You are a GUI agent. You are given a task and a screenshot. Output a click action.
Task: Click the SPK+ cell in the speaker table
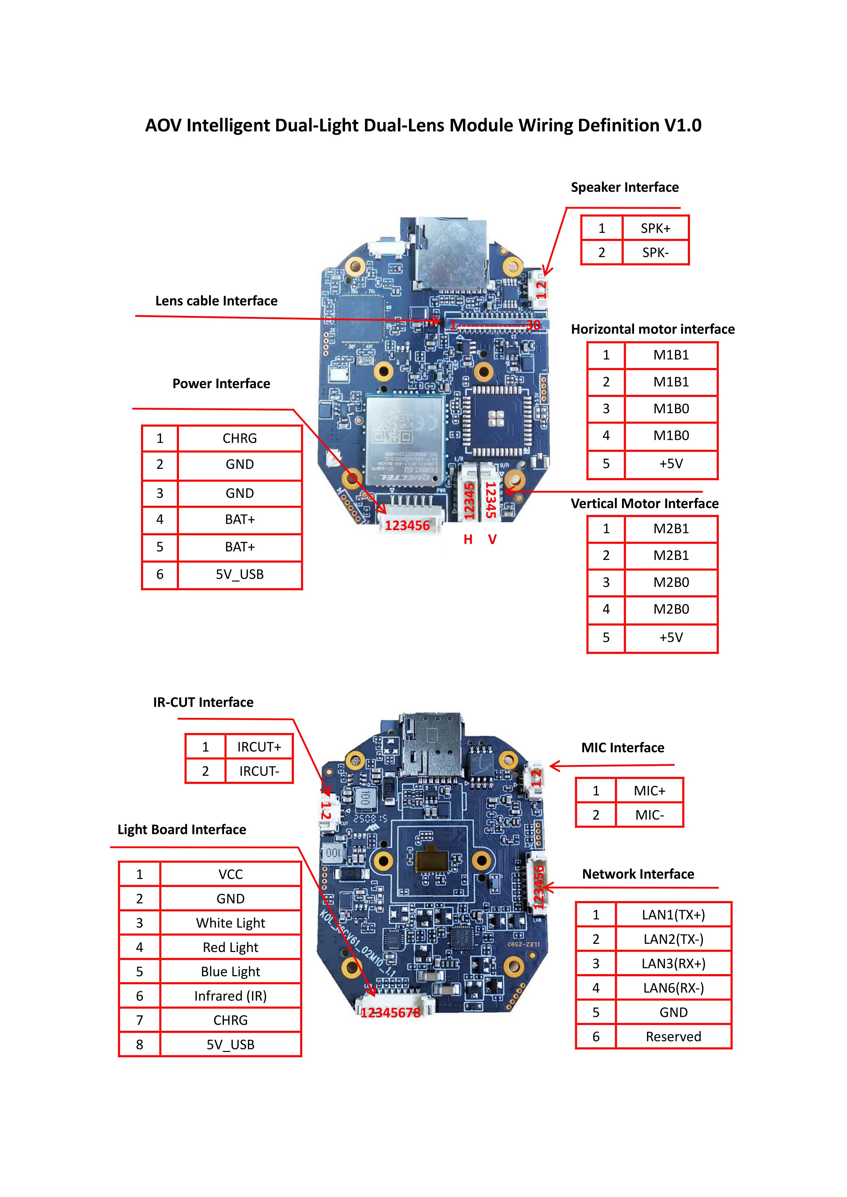pyautogui.click(x=655, y=228)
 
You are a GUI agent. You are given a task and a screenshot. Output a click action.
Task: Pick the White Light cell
pyautogui.click(x=230, y=923)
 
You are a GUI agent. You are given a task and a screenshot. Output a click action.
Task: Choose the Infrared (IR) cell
pyautogui.click(x=230, y=996)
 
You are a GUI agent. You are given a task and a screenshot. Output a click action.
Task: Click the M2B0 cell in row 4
pyautogui.click(x=671, y=609)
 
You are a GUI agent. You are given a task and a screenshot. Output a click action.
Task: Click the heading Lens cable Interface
pyautogui.click(x=216, y=301)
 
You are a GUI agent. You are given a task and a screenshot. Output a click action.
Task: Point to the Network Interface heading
pyautogui.click(x=638, y=874)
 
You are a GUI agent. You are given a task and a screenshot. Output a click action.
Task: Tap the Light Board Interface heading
pyautogui.click(x=182, y=830)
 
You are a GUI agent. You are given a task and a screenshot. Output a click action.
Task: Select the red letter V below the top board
pyautogui.click(x=492, y=539)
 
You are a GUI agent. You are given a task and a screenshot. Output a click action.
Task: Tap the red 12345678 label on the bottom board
pyautogui.click(x=390, y=1013)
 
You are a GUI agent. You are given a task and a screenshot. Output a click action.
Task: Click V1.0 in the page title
pyautogui.click(x=682, y=126)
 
